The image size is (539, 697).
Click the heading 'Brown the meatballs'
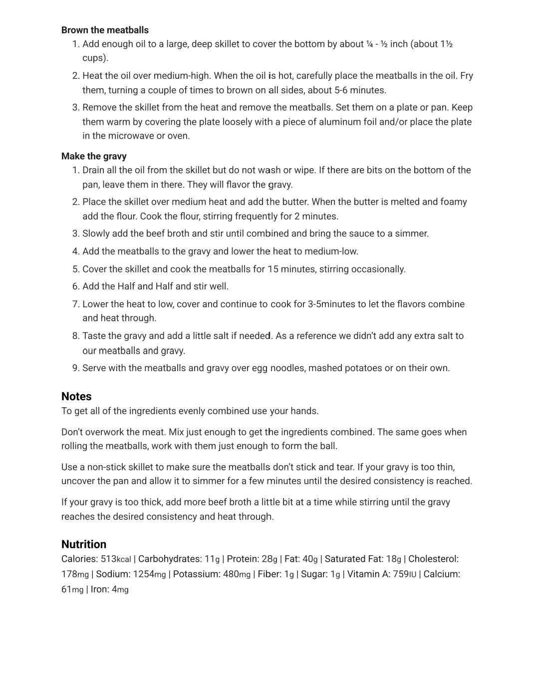pos(105,30)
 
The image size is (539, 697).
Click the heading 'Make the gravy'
pos(94,156)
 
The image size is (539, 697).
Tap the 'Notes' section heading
pos(76,397)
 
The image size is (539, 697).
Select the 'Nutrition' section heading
pos(84,544)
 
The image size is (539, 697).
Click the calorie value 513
pos(108,559)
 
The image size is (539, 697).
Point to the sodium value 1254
pos(143,574)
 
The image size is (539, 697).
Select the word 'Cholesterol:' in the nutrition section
pos(433,559)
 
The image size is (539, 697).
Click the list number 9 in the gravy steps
pos(76,368)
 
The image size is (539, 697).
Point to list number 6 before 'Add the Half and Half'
pos(76,286)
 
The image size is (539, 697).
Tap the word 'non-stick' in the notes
pos(106,467)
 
